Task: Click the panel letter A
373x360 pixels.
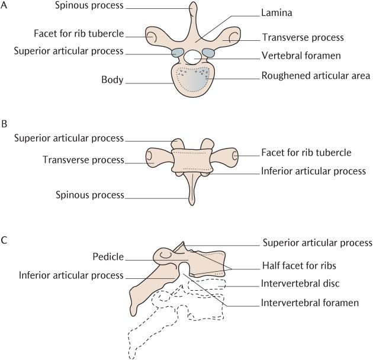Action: point(5,6)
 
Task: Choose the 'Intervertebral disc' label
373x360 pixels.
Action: point(300,284)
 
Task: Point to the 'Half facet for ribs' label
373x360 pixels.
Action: point(298,266)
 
